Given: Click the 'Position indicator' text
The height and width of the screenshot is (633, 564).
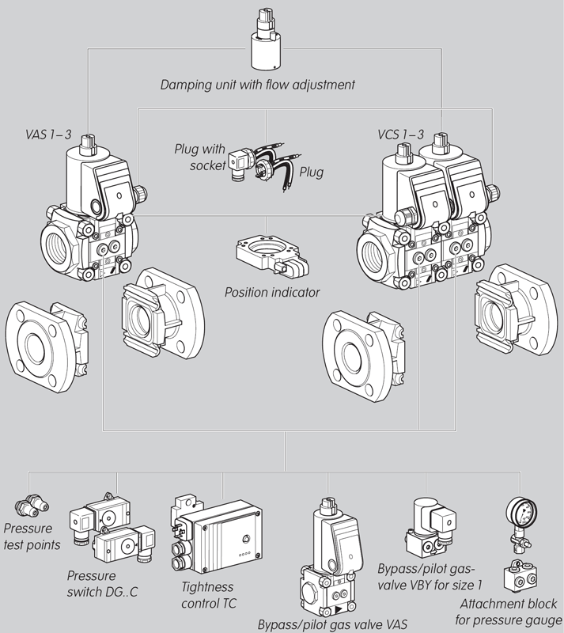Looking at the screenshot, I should tap(272, 293).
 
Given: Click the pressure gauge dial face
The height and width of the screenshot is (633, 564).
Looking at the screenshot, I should tap(517, 510).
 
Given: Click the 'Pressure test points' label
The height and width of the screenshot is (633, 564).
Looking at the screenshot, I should tap(28, 536).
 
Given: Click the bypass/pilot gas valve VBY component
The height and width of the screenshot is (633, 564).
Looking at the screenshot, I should tap(431, 526).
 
